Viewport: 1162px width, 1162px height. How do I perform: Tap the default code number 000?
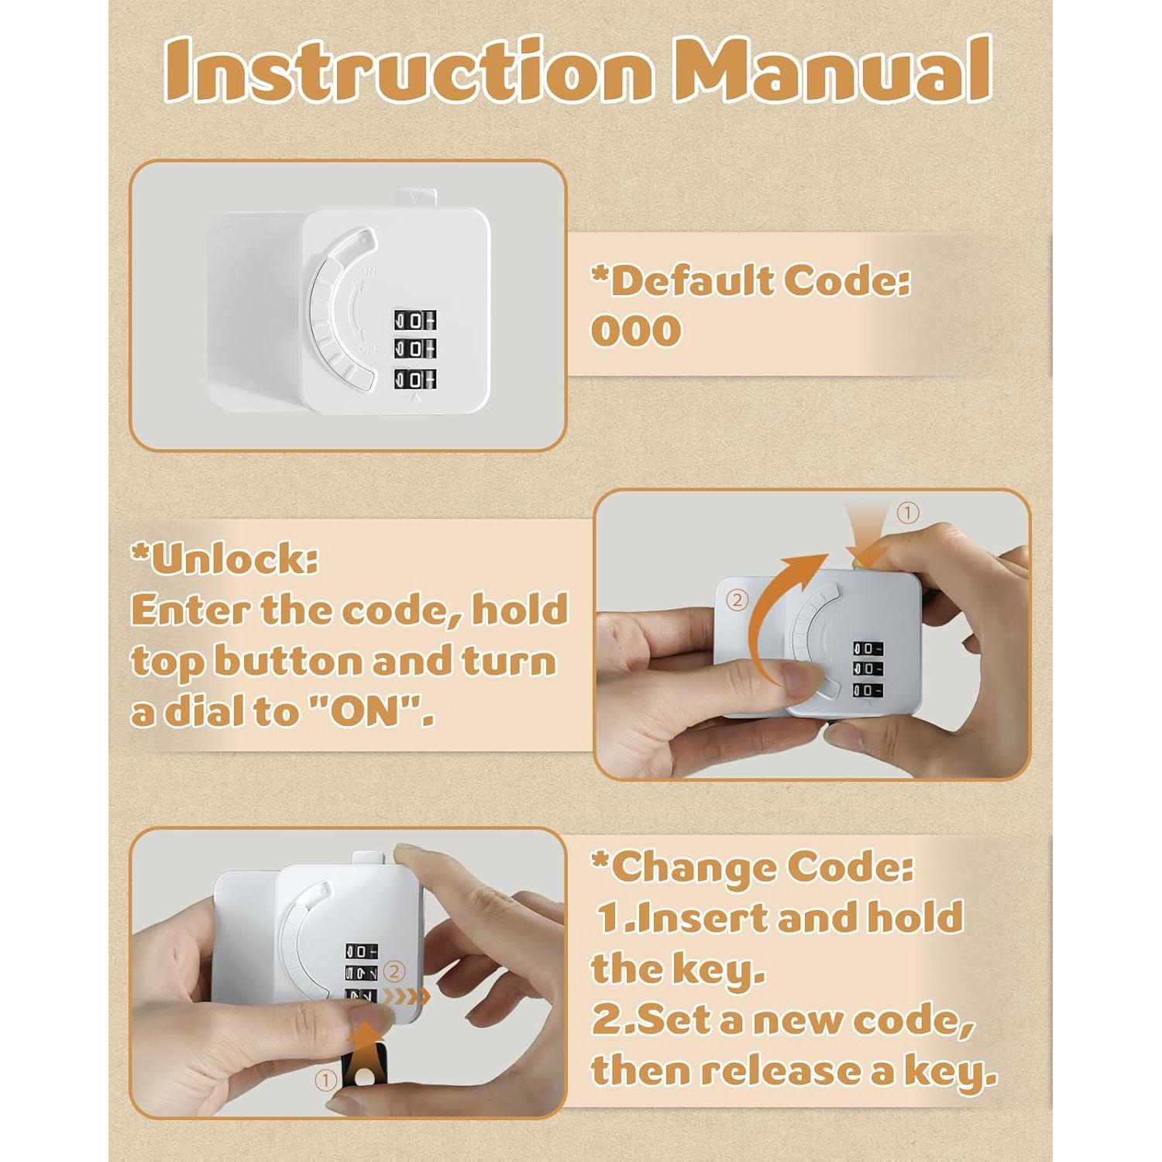click(636, 332)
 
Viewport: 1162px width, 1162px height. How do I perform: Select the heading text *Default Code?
click(751, 280)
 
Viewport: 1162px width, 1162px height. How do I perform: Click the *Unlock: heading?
click(225, 559)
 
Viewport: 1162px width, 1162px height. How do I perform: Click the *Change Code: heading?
click(752, 867)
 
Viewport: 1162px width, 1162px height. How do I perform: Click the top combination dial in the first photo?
click(414, 320)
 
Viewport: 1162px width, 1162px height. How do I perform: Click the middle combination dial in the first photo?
click(414, 349)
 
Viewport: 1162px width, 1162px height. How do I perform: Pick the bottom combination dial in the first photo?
click(414, 379)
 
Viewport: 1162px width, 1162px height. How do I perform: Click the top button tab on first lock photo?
click(417, 198)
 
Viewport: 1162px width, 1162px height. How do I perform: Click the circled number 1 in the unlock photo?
click(907, 513)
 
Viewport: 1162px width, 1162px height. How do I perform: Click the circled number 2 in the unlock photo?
click(737, 600)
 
